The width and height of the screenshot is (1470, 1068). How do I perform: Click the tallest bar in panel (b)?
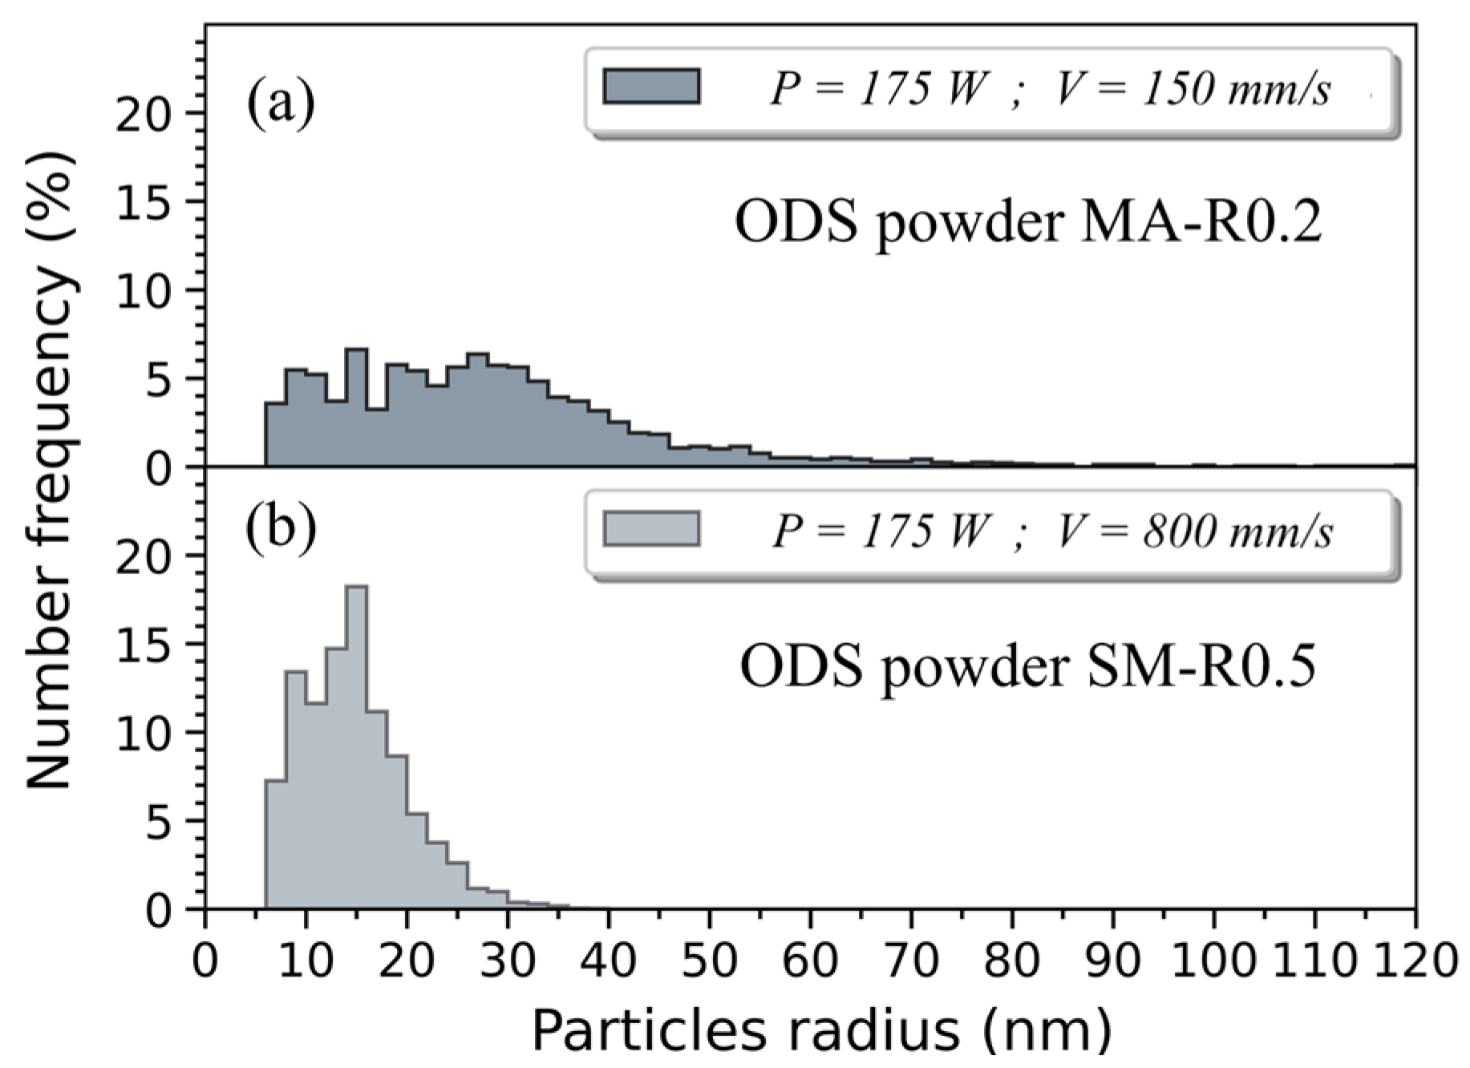click(x=356, y=746)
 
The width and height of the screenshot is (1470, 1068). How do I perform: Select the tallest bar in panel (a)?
click(x=356, y=409)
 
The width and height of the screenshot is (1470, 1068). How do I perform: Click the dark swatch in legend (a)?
click(x=651, y=87)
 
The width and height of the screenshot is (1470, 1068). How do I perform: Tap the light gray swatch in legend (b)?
click(x=651, y=529)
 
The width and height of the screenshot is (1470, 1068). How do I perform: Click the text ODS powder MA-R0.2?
click(x=1028, y=223)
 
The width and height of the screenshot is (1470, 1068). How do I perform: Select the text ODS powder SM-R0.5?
click(x=1028, y=667)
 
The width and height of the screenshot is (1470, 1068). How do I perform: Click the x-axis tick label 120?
click(x=1415, y=959)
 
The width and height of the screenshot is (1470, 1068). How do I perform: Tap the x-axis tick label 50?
click(x=709, y=959)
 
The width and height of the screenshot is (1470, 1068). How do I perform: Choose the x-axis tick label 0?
click(x=205, y=959)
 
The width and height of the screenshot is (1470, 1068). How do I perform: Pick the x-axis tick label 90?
click(x=1112, y=959)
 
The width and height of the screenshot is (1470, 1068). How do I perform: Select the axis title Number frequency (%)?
click(x=51, y=469)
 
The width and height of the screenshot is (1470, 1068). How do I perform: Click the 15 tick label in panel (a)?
click(x=144, y=202)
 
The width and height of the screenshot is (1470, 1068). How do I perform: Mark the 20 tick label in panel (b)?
click(x=144, y=556)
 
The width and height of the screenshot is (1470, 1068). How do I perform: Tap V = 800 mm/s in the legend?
click(x=1195, y=531)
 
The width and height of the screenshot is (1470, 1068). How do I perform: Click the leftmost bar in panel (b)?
click(x=275, y=843)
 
